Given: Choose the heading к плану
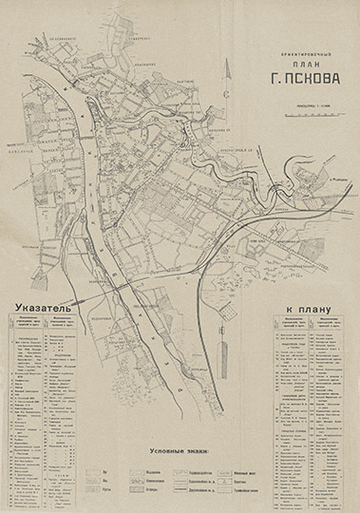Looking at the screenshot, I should [311, 309].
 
